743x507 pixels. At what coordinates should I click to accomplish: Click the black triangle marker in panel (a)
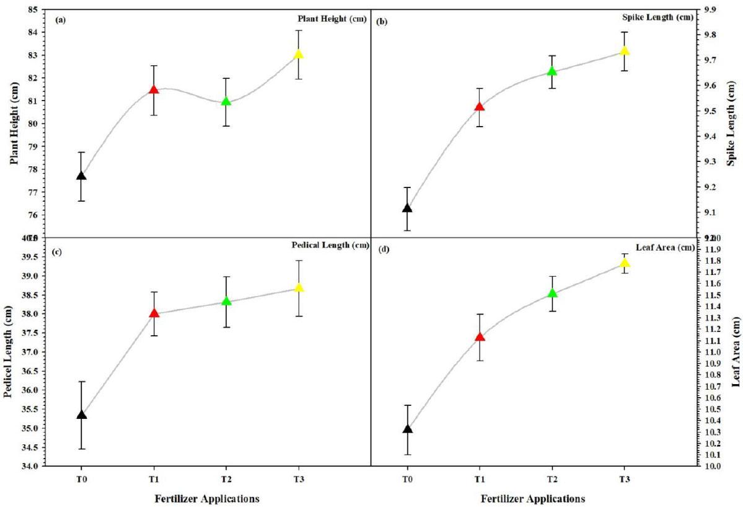pos(81,176)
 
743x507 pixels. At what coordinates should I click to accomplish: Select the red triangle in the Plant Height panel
pos(154,89)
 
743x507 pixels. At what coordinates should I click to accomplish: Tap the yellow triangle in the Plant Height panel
pos(299,54)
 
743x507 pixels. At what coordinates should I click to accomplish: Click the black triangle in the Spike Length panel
pos(407,208)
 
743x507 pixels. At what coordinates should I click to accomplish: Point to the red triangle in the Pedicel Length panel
pos(154,313)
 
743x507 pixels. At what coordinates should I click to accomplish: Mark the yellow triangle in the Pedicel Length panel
pos(299,287)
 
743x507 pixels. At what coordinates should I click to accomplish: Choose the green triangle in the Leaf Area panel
pos(552,293)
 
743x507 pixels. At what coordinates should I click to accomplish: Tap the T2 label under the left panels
pos(226,478)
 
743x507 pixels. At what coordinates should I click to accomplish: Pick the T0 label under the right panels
pos(407,478)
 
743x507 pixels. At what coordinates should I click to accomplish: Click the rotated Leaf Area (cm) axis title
pos(736,351)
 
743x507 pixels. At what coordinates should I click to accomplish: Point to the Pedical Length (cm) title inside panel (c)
pos(330,245)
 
